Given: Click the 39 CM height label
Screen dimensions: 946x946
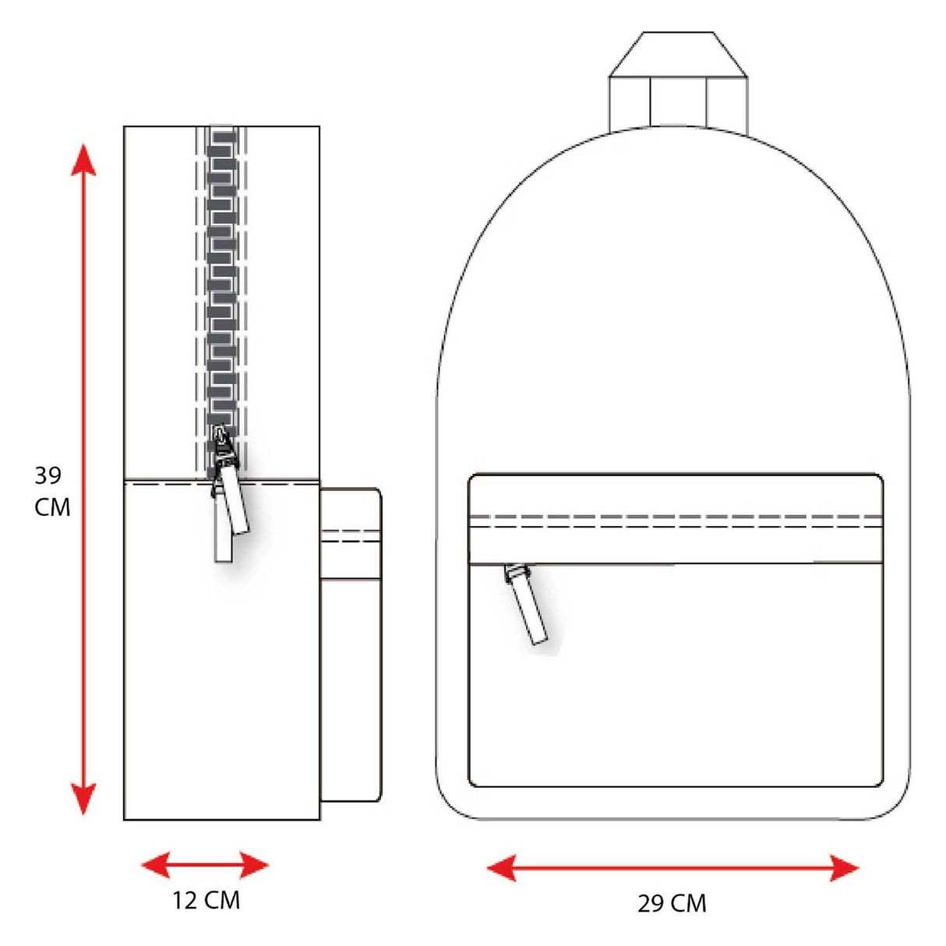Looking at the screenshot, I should [52, 491].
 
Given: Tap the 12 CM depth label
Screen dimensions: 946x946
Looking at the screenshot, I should [206, 900].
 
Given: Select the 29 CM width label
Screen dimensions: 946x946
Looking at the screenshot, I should [672, 903].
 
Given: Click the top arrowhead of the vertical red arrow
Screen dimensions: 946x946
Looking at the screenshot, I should [83, 160].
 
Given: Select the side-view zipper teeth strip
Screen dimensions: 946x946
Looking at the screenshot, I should [222, 281].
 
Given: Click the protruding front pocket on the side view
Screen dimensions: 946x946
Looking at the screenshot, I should [351, 647].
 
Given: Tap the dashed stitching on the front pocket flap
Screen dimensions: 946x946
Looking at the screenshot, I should [675, 521].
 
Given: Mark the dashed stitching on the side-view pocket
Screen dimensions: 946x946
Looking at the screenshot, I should [351, 536].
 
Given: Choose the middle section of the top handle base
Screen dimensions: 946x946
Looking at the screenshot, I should [677, 101].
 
